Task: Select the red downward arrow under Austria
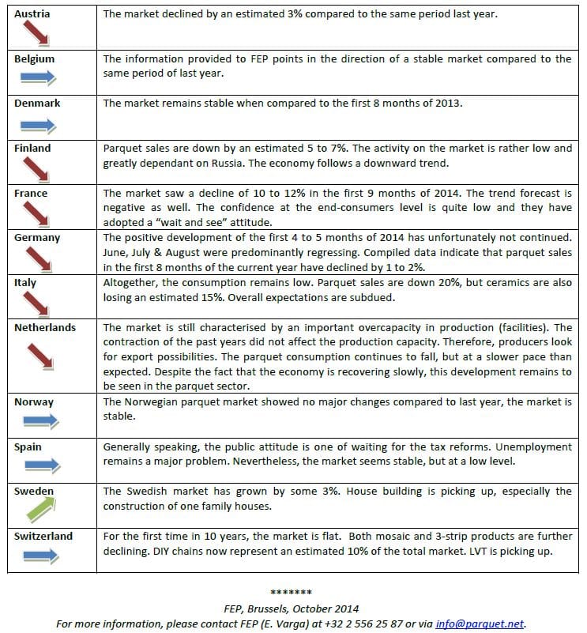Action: (35, 36)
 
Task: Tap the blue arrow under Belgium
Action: (37, 77)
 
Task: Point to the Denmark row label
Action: (37, 104)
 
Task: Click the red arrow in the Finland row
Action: (36, 169)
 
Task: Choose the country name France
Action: (31, 193)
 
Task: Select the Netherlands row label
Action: (45, 327)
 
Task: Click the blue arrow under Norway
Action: (37, 421)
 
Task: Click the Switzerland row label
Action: (43, 536)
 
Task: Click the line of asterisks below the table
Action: (291, 593)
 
